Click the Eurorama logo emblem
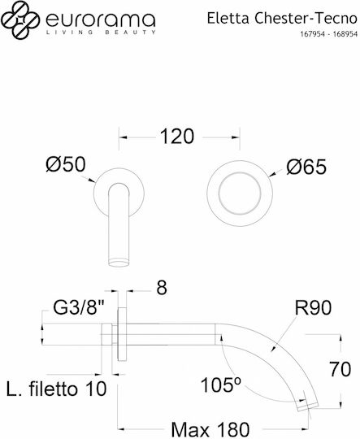20,20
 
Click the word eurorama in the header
100,20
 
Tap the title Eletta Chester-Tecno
282,19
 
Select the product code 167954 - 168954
329,34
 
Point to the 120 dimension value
177,137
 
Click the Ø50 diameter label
66,164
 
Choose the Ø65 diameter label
306,167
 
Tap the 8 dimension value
162,288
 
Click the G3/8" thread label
78,309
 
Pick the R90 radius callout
313,308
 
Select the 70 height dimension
340,369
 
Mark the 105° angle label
221,385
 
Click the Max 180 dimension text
210,429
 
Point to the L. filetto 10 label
56,389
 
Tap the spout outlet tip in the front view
119,263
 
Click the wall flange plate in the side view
122,334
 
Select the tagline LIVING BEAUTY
101,33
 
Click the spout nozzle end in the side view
308,407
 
